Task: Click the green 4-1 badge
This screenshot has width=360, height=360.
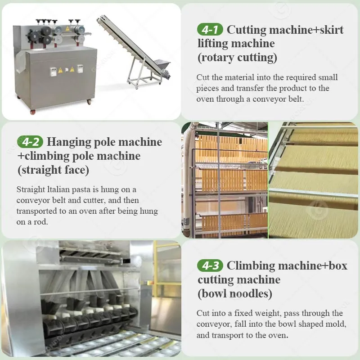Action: [210, 29]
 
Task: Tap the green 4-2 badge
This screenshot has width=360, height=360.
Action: [30, 142]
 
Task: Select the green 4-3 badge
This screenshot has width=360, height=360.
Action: [210, 265]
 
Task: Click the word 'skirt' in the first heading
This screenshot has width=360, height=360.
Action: [332, 30]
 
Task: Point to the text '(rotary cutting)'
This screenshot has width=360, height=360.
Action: [237, 58]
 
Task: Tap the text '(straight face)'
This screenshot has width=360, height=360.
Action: [53, 170]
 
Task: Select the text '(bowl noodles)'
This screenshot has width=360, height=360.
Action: [235, 293]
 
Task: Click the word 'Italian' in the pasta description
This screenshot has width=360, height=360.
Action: [58, 189]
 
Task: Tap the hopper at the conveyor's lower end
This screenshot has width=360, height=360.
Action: [162, 64]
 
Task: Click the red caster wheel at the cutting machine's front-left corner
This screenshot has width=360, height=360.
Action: [33, 112]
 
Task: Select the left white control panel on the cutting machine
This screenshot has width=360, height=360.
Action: [53, 72]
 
